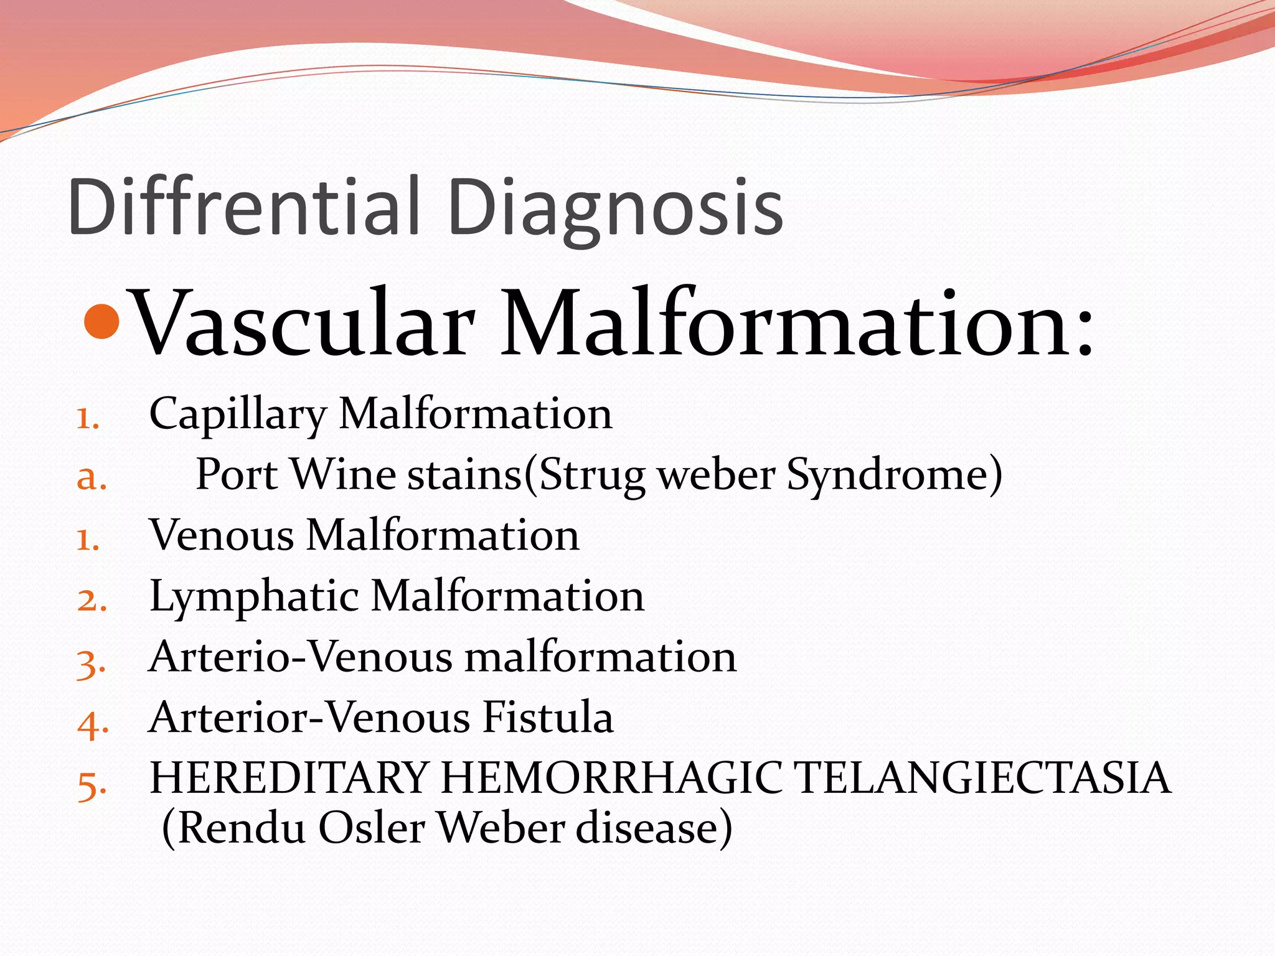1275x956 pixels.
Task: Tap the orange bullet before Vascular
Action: tap(101, 321)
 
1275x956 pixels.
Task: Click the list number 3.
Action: tap(91, 663)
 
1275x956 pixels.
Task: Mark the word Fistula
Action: tap(548, 718)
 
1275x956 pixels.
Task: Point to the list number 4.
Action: tap(92, 724)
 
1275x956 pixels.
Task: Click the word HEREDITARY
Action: tap(289, 778)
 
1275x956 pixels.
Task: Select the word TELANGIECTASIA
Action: tap(984, 778)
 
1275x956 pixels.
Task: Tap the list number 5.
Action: tap(92, 784)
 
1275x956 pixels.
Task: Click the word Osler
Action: tap(372, 828)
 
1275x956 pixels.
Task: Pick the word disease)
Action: tap(654, 828)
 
